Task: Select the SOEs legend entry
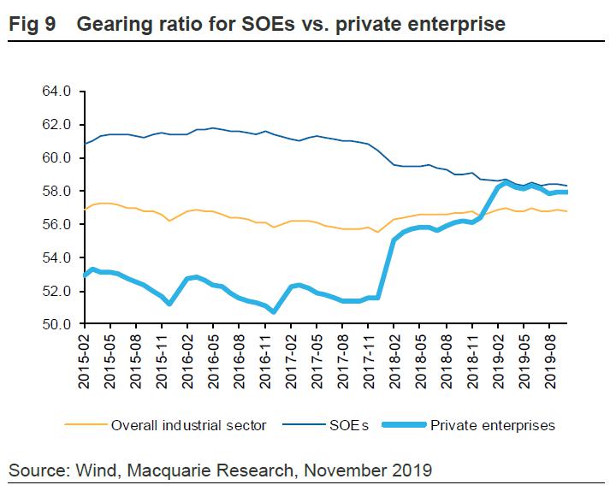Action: pos(351,425)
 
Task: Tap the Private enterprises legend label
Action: pos(495,425)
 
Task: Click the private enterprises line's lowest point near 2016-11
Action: pos(273,311)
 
